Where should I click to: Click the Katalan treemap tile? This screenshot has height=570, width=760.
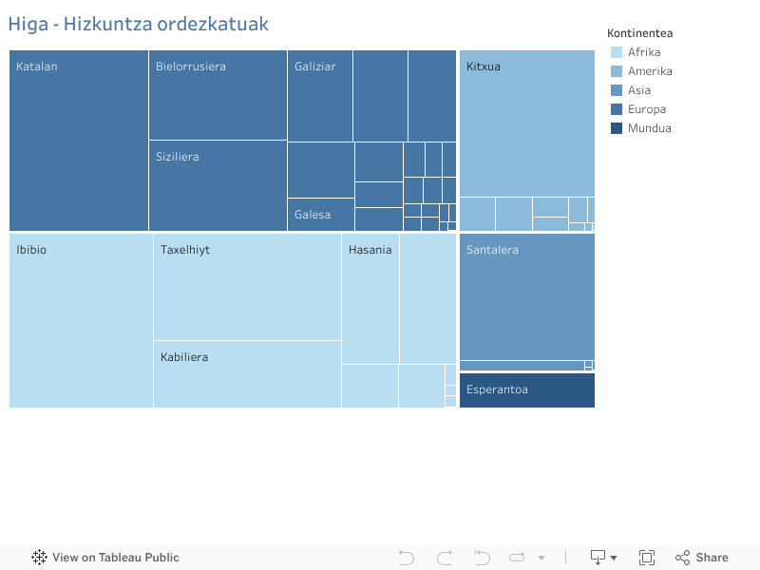[79, 141]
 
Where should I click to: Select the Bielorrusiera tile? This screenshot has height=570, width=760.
[218, 95]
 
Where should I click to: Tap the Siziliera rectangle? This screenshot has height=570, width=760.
[218, 185]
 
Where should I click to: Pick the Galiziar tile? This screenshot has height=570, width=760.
[320, 96]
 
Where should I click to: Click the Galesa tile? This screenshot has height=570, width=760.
[321, 215]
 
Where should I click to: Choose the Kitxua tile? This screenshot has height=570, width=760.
[527, 123]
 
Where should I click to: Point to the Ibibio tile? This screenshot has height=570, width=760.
[81, 320]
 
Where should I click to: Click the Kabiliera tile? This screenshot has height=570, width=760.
[247, 374]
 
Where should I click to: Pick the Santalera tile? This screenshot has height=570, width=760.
[527, 296]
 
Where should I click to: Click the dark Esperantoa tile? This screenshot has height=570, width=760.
[527, 390]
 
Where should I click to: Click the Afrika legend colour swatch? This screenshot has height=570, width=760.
[617, 52]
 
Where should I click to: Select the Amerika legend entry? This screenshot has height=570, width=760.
[650, 71]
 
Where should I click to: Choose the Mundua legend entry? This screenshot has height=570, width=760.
[649, 128]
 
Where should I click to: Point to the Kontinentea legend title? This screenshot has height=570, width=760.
[640, 33]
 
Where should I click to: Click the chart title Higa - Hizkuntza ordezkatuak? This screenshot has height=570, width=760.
[139, 24]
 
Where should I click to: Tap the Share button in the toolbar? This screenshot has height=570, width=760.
[702, 558]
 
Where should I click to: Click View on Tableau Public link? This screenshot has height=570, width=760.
[105, 558]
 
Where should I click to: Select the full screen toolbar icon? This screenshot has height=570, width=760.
[647, 558]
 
